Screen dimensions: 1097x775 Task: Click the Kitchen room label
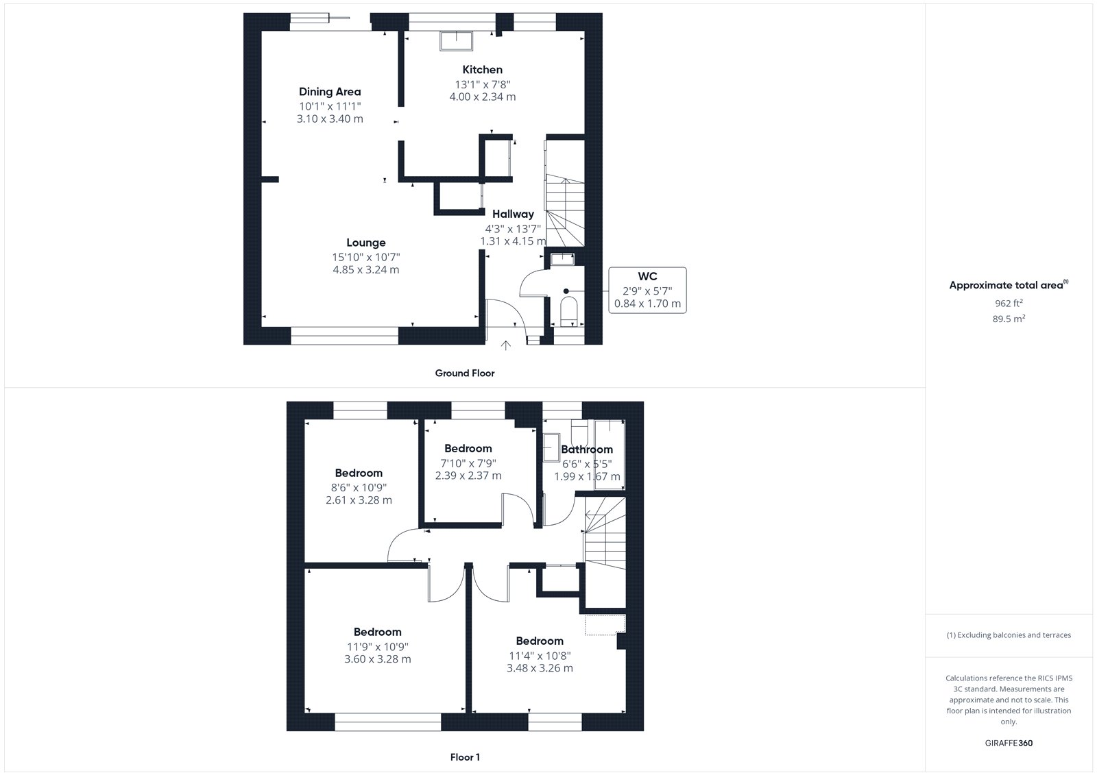(483, 69)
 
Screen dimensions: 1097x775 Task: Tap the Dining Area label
(330, 92)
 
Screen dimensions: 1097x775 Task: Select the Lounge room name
(366, 243)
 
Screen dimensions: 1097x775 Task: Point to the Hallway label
(513, 214)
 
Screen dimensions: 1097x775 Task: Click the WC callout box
(647, 291)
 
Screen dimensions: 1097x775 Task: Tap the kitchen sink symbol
(456, 41)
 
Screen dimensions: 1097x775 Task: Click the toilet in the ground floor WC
(568, 310)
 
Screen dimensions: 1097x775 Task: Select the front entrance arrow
(506, 345)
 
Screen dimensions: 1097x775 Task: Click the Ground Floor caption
(465, 373)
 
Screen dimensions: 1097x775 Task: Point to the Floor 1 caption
(465, 757)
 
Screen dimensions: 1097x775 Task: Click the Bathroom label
(587, 450)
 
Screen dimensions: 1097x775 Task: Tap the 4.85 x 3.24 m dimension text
(366, 270)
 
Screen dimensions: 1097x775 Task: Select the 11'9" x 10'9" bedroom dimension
(378, 647)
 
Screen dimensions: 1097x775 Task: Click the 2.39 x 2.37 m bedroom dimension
(468, 476)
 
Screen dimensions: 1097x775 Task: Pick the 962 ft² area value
(1009, 303)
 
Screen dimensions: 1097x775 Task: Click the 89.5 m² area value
(1009, 319)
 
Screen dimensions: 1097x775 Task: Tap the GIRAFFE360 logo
(1009, 743)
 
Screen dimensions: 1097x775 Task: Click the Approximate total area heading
(1009, 285)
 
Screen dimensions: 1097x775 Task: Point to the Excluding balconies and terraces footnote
(1009, 635)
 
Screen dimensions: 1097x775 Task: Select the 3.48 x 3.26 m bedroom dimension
(540, 668)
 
